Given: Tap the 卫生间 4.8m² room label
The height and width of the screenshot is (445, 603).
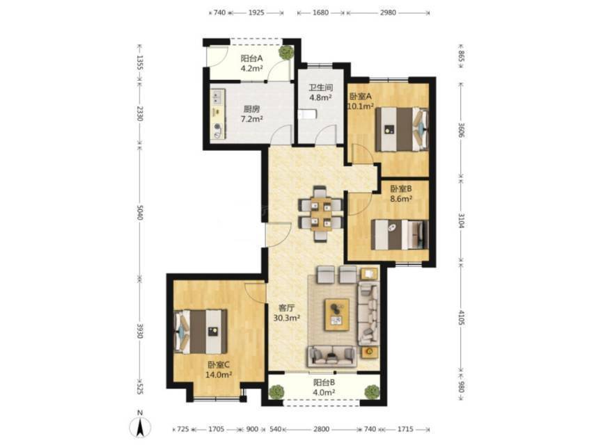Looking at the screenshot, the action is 321,92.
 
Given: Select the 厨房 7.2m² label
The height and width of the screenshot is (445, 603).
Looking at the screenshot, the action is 251,114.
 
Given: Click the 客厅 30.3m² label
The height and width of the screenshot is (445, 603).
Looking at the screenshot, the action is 286,313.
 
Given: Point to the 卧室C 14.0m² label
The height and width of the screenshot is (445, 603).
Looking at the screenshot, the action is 219,370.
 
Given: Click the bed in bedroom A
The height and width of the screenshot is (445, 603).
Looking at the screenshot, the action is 402,129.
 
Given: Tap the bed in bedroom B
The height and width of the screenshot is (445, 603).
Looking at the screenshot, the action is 400,234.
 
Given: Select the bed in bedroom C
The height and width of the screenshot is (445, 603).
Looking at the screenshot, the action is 201,332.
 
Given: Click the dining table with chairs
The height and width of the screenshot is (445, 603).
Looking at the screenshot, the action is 321,213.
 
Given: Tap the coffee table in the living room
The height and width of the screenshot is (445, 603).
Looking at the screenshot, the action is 337,314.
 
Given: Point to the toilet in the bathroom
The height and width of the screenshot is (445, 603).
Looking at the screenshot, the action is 307,115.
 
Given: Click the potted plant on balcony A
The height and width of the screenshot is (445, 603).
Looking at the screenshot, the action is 285,52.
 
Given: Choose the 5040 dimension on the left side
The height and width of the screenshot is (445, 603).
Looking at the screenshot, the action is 139,213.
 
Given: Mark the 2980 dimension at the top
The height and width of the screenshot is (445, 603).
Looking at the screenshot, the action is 388,13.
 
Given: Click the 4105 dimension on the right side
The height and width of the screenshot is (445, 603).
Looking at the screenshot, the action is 462,318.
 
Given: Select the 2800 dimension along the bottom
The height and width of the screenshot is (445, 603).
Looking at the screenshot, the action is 321,429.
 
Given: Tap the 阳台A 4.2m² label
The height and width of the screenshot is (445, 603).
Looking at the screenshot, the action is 251,63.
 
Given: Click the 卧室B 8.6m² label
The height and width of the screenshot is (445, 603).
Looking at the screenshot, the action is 401,194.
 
